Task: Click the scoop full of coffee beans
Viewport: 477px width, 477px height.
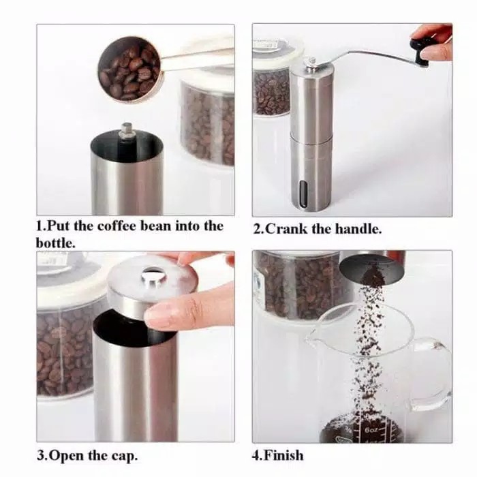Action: tap(129, 69)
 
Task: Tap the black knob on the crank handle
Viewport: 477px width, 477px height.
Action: tap(419, 52)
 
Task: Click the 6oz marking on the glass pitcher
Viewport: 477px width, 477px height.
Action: tap(371, 430)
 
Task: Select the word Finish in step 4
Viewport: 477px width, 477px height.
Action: tap(283, 455)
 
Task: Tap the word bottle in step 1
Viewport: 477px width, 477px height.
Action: tap(54, 243)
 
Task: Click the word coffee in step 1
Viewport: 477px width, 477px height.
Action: tap(117, 226)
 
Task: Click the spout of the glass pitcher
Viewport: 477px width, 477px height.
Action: tap(313, 333)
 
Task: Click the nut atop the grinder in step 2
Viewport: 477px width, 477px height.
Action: tap(312, 62)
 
